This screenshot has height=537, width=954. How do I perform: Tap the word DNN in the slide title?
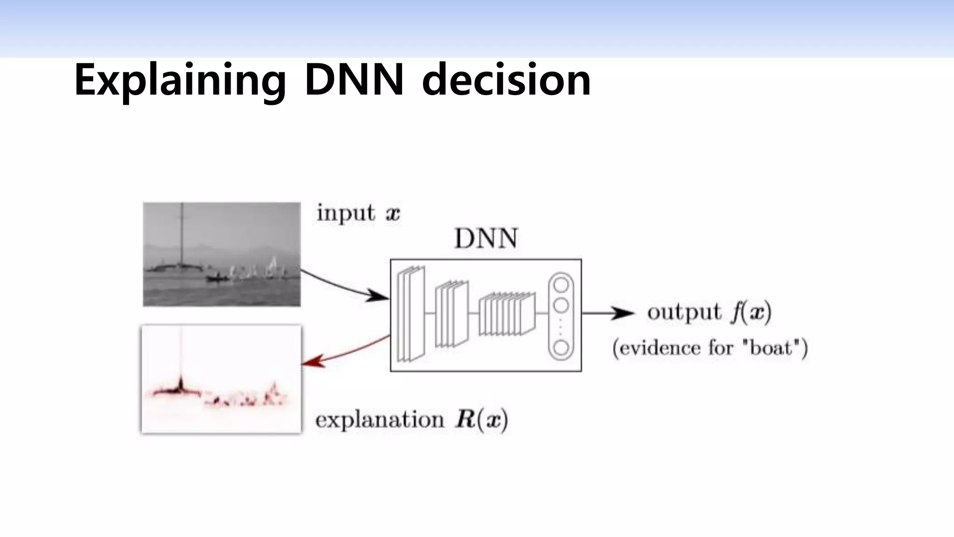(x=354, y=80)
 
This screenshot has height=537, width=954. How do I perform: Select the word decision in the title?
(x=506, y=80)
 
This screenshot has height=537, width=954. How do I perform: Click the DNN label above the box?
(x=486, y=239)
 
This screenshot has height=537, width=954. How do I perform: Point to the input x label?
(x=358, y=213)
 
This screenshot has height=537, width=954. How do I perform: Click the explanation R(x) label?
(x=411, y=420)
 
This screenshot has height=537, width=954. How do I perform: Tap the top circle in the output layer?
(x=561, y=284)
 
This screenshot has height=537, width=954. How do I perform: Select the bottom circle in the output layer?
(x=561, y=348)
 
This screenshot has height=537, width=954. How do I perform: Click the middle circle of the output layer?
(x=561, y=305)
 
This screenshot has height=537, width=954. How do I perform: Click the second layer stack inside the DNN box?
(x=451, y=314)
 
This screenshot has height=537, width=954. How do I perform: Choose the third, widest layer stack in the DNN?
(x=507, y=314)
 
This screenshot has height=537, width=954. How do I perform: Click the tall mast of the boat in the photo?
(x=182, y=233)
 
